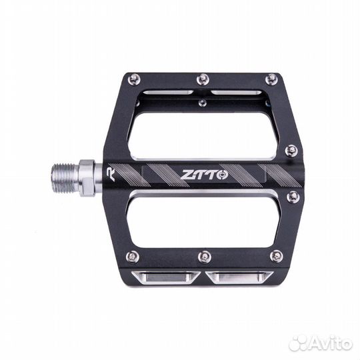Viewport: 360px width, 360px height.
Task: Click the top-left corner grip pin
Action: pyautogui.click(x=134, y=79)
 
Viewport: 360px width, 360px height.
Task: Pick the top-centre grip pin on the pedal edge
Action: pyautogui.click(x=203, y=79)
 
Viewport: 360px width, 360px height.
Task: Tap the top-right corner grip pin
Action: pyautogui.click(x=270, y=79)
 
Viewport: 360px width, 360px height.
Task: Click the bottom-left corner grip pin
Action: pyautogui.click(x=133, y=256)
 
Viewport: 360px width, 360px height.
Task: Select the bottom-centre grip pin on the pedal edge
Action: pyautogui.click(x=205, y=256)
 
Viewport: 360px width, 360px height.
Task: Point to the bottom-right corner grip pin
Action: pyautogui.click(x=276, y=256)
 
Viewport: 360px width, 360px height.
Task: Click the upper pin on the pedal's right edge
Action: pyautogui.click(x=291, y=151)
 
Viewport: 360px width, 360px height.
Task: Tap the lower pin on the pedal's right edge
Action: pyautogui.click(x=293, y=197)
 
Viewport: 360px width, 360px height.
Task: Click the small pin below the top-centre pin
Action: pyautogui.click(x=203, y=102)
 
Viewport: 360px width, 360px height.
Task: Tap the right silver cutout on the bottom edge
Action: pyautogui.click(x=238, y=278)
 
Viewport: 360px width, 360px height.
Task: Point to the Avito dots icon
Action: pyautogui.click(x=299, y=343)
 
